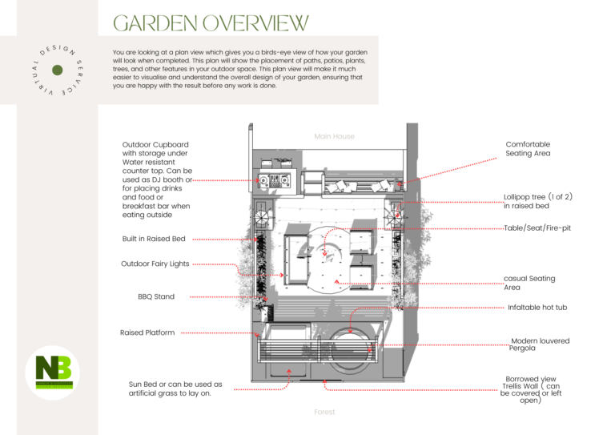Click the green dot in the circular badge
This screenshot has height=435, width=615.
coord(57,70)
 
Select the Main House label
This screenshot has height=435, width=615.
coord(334,136)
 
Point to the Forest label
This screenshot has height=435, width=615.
coord(324,413)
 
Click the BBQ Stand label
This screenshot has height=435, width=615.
coord(156,297)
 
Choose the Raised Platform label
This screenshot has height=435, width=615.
coord(147,332)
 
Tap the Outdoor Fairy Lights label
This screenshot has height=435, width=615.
coord(155,264)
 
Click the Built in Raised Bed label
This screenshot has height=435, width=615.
coord(154,239)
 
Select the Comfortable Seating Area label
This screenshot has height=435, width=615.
coord(528,148)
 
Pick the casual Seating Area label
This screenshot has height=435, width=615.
coord(529,283)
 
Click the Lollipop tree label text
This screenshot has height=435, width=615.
coord(538,201)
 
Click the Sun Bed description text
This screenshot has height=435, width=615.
coord(175,389)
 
